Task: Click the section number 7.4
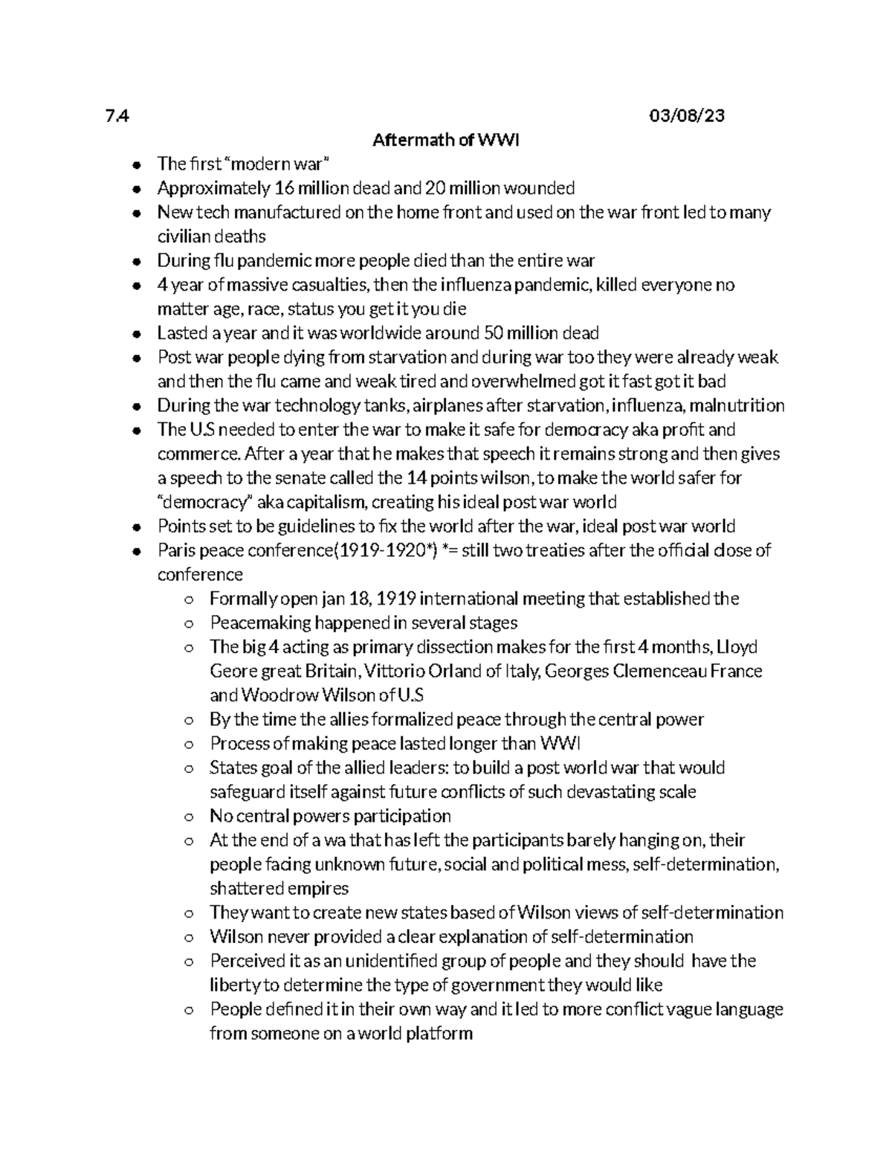point(117,116)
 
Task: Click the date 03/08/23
point(686,116)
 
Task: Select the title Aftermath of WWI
point(445,140)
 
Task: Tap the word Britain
point(332,672)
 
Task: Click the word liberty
point(234,985)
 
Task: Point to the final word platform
point(439,1034)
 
